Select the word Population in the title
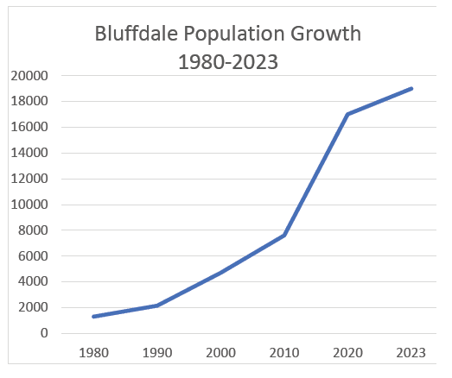[229, 36]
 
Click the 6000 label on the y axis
[32, 256]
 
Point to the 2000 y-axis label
[32, 307]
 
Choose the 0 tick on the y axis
[44, 333]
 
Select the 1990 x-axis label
[157, 354]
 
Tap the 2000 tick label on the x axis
[220, 354]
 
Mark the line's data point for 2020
[347, 114]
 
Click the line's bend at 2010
[283, 236]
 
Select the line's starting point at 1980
[94, 317]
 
